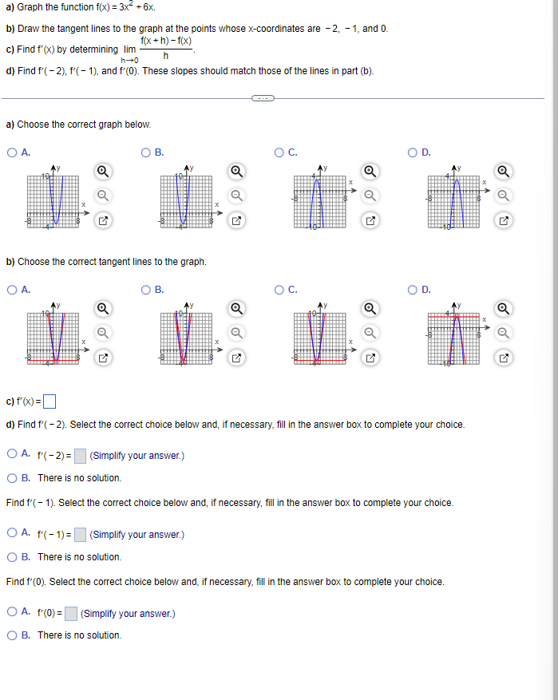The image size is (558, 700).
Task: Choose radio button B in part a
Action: (x=146, y=152)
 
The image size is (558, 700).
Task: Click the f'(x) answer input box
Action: (x=49, y=401)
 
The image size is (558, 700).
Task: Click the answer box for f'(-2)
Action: (x=80, y=456)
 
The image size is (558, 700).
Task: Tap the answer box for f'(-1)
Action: (x=80, y=535)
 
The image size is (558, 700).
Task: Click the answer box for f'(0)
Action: (x=71, y=614)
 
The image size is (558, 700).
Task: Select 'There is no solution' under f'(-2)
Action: (x=13, y=478)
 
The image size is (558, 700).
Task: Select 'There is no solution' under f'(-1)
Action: (x=13, y=557)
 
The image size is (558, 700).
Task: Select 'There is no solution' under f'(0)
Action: (x=13, y=635)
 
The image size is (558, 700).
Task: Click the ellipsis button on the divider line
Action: (x=263, y=99)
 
